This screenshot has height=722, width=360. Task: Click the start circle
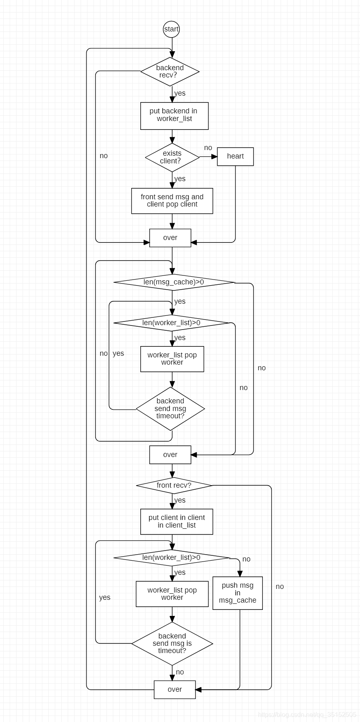pos(171,29)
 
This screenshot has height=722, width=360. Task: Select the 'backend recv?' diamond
pos(170,71)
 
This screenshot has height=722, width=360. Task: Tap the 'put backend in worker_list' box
pos(174,116)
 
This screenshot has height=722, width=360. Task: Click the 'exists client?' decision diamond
pos(172,157)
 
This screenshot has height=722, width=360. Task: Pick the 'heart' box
pos(235,157)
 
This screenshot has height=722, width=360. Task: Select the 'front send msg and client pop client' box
pos(172,201)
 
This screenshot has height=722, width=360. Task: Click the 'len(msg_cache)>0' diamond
pos(174,282)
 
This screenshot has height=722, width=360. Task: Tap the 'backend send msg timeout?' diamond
pos(170,409)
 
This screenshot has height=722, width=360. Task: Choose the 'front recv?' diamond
pos(174,485)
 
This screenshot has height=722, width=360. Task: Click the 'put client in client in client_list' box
pos(177,522)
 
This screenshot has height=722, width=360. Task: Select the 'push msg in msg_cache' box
pos(237,593)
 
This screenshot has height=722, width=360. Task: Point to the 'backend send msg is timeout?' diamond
pos(172,643)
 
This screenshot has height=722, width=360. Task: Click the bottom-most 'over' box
pos(175,689)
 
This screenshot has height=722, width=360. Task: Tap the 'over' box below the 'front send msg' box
pos(170,238)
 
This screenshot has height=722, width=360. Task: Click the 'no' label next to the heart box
pos(208,148)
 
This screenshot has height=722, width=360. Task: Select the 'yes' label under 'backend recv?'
pos(180,93)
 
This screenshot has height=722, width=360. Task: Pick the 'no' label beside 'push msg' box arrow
pos(246,559)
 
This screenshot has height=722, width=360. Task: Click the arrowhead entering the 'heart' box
pos(214,157)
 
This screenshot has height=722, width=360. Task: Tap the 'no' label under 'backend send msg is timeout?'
pos(180,672)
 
